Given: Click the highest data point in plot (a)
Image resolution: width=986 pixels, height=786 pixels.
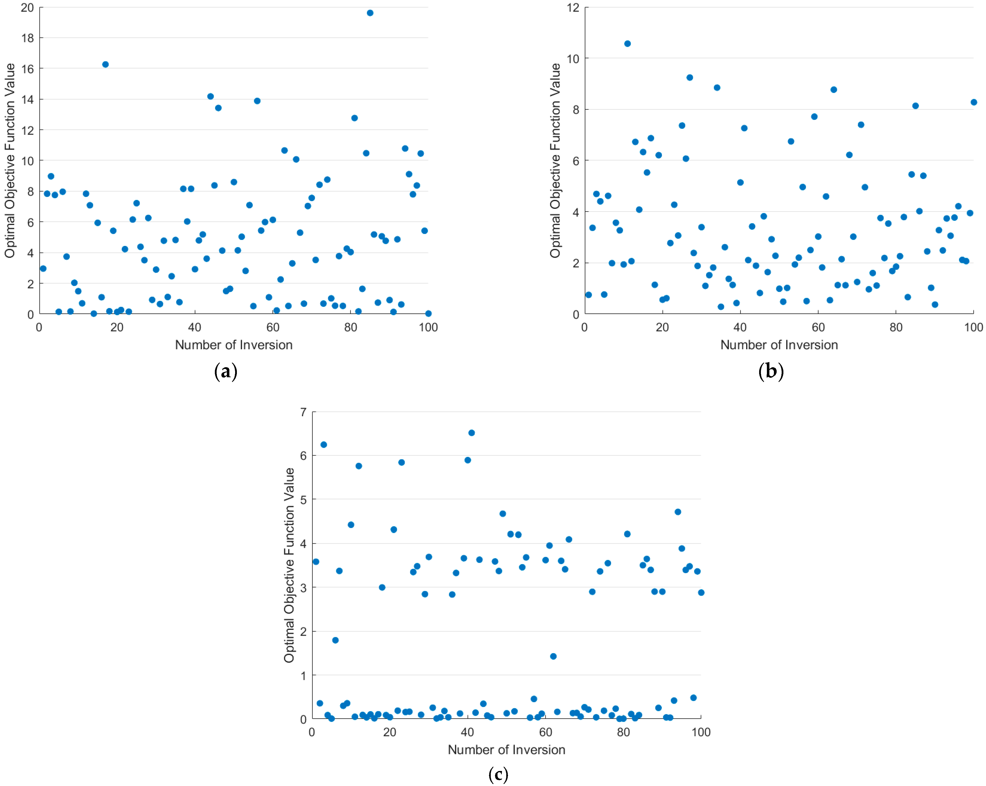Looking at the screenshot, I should [x=370, y=13].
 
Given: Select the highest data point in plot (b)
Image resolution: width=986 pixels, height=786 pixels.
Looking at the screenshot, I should [x=628, y=44].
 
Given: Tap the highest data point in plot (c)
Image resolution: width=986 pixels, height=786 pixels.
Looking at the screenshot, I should [x=471, y=433].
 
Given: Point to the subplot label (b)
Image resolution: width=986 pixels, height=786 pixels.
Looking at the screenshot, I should [x=771, y=371].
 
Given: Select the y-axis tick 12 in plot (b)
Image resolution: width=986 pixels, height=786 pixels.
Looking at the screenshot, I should [x=573, y=8].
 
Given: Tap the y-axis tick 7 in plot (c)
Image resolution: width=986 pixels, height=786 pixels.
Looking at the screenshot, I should [x=303, y=412].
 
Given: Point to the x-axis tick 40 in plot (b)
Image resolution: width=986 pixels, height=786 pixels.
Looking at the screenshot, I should [x=740, y=327].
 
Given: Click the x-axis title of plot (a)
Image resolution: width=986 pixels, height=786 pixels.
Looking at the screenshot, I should [x=234, y=345].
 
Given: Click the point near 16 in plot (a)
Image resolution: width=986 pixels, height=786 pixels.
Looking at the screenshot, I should [x=105, y=65].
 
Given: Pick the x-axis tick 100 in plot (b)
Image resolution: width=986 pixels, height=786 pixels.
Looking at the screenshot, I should [x=973, y=327].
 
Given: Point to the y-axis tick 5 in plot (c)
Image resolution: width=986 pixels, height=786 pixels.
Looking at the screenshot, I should [x=303, y=500].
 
